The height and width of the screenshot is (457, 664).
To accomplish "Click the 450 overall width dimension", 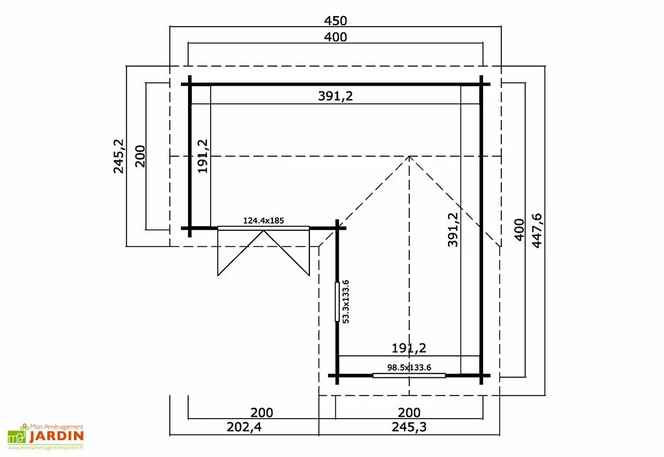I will click(x=335, y=19).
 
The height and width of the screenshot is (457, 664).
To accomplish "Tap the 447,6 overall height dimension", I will click(x=536, y=230).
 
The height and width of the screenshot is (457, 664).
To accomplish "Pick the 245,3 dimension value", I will click(x=409, y=427).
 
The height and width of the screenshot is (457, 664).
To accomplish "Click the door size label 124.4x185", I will click(x=263, y=220).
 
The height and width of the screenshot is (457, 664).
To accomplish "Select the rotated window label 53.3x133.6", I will click(x=346, y=301).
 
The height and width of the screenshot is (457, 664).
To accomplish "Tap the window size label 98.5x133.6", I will click(x=409, y=367).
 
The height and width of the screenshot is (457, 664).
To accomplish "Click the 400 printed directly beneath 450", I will click(x=335, y=37).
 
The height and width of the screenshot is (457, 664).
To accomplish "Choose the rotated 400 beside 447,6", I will click(x=519, y=229).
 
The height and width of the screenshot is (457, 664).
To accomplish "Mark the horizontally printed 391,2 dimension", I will click(x=335, y=96).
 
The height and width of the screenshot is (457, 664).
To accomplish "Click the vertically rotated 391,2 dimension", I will click(x=453, y=229).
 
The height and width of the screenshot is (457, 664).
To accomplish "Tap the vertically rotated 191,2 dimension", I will click(x=202, y=156).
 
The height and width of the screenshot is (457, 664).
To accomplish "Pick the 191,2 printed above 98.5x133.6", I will click(x=409, y=348).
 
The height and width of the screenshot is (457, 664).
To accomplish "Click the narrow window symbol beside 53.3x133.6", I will click(x=337, y=301).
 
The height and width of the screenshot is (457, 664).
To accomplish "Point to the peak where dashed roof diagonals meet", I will click(x=409, y=156).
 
